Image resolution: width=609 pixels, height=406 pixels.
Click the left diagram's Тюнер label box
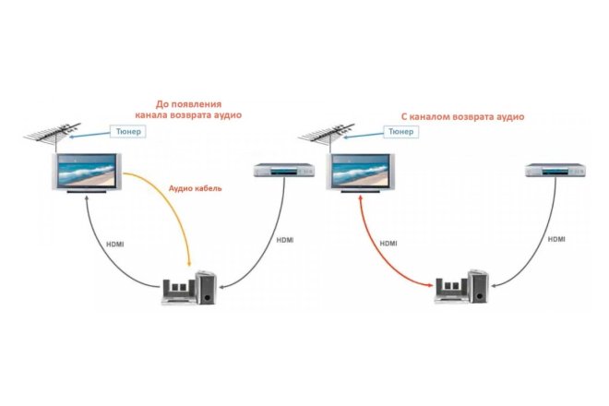point(127,132)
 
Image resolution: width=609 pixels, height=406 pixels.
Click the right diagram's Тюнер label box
point(399,132)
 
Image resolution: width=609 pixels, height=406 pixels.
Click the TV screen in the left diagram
point(87,171)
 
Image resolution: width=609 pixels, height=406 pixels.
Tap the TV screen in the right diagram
point(359,171)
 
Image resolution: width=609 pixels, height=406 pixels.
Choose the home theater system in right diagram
point(462,289)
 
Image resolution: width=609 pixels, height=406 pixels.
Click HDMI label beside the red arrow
point(388,244)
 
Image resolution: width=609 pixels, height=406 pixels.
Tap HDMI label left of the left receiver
point(116,244)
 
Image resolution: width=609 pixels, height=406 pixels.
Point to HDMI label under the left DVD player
point(286,240)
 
